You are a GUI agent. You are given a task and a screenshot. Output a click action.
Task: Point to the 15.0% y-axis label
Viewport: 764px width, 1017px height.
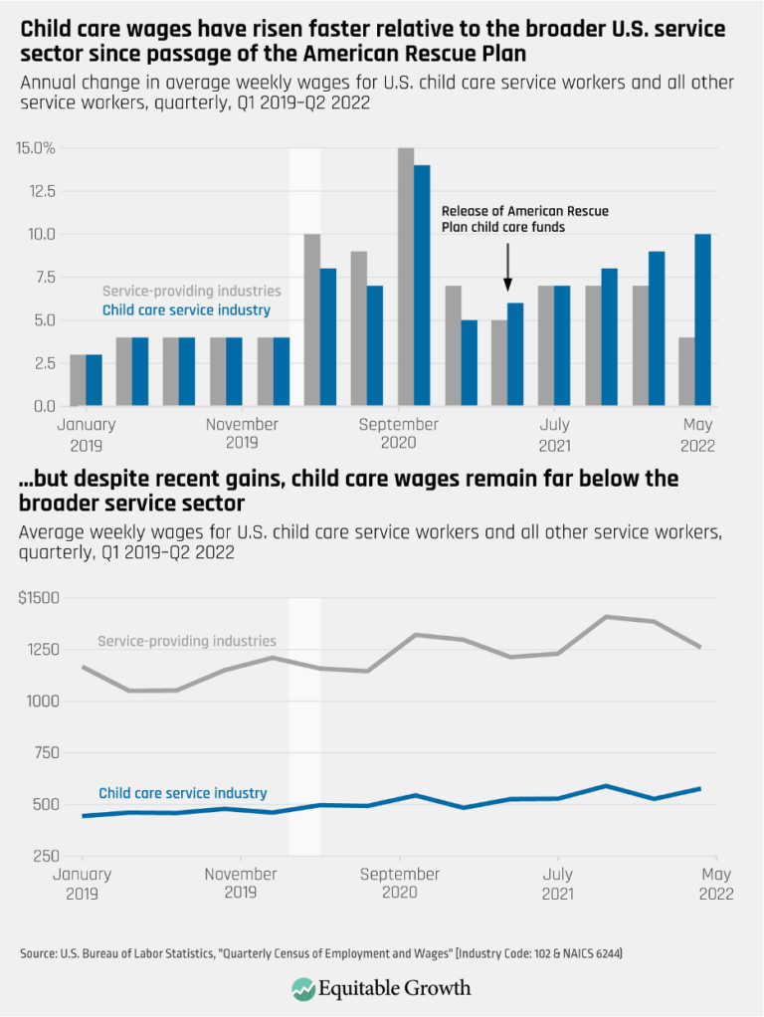[35, 148]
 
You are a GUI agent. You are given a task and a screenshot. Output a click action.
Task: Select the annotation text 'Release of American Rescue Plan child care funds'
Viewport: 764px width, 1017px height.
[524, 219]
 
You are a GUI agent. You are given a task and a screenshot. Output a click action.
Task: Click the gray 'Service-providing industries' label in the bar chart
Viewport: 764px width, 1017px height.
[191, 292]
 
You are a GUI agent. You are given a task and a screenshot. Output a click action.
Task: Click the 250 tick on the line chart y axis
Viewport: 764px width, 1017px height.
[44, 856]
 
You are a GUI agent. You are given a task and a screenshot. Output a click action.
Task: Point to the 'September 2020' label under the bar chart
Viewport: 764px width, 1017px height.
[399, 433]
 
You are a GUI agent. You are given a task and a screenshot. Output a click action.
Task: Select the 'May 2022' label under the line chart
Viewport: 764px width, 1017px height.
[715, 884]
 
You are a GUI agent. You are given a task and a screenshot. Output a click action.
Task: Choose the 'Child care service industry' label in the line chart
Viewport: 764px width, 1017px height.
[183, 793]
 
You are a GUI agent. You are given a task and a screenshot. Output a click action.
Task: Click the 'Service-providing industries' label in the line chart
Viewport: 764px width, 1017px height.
[187, 641]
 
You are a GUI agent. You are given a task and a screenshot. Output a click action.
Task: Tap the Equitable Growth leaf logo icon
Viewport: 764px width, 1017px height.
[303, 988]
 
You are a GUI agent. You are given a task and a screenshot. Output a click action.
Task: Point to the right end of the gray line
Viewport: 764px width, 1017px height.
[700, 648]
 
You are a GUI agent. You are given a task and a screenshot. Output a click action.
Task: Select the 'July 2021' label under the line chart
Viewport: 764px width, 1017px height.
[557, 884]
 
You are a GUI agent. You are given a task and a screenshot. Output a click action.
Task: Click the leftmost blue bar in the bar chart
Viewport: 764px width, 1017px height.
[94, 380]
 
